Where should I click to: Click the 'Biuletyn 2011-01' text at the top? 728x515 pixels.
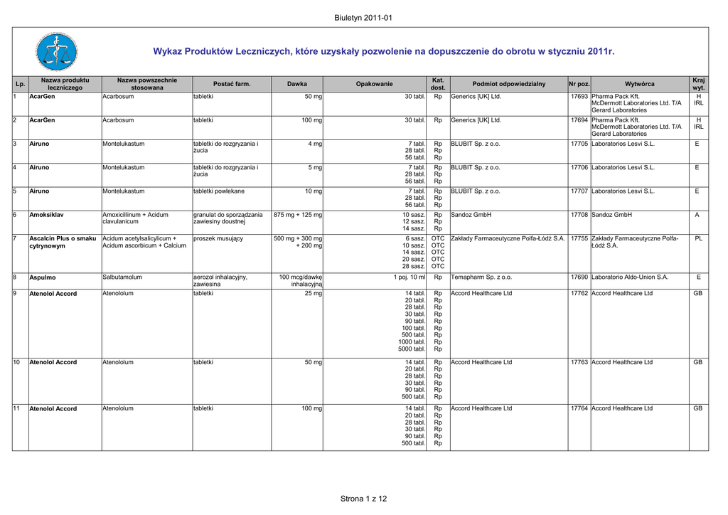coord(363,18)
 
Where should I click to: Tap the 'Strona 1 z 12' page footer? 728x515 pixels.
coord(363,499)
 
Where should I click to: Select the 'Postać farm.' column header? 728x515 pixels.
coord(232,84)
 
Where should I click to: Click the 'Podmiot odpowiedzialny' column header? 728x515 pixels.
coord(508,84)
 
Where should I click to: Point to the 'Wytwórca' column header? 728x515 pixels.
coord(639,84)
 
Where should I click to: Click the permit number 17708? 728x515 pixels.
coord(579,215)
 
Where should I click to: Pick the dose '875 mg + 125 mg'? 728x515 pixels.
coord(298,215)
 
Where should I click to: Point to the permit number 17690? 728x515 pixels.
coord(579,277)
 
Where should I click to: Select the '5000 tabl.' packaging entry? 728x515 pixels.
coord(412,349)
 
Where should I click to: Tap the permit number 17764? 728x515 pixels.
coord(579,408)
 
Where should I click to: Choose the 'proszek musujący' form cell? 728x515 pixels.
coord(218,238)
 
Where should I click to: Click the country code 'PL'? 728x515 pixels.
coord(698,238)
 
